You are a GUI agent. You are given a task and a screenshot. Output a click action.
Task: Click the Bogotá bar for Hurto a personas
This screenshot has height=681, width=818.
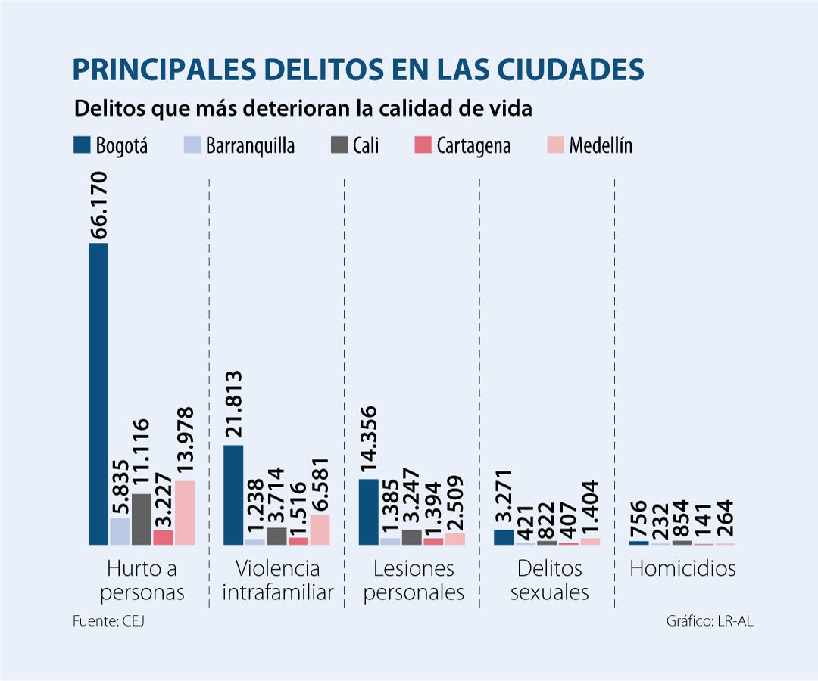(x=98, y=393)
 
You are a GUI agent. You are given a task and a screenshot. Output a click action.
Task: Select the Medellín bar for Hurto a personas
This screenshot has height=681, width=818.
(x=185, y=512)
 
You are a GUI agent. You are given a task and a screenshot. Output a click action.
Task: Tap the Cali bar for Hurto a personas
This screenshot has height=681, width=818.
(x=142, y=519)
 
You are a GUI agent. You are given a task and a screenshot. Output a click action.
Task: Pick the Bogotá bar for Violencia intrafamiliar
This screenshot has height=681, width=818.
(x=233, y=495)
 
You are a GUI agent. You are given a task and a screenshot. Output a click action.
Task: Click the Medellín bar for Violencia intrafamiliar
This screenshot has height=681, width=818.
(x=320, y=530)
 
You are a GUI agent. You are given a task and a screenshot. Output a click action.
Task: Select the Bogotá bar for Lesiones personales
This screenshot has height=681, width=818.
(x=368, y=512)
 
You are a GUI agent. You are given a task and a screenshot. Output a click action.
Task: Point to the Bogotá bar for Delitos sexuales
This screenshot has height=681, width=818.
(x=503, y=537)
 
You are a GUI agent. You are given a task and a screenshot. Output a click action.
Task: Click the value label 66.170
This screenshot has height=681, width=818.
(x=99, y=206)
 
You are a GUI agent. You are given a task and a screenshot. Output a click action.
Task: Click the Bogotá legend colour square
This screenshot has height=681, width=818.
(x=81, y=145)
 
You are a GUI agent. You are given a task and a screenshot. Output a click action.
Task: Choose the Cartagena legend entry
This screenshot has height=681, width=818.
(x=464, y=145)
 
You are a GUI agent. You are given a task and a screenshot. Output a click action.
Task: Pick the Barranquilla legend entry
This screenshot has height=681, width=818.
(x=239, y=145)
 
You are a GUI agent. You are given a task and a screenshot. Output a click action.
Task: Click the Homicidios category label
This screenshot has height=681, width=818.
(x=682, y=568)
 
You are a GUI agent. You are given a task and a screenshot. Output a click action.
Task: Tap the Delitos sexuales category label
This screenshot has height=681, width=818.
(x=549, y=580)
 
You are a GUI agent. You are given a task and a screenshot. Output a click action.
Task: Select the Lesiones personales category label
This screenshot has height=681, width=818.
(x=414, y=580)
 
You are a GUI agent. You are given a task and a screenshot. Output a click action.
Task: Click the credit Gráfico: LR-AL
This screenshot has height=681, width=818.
(x=710, y=621)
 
